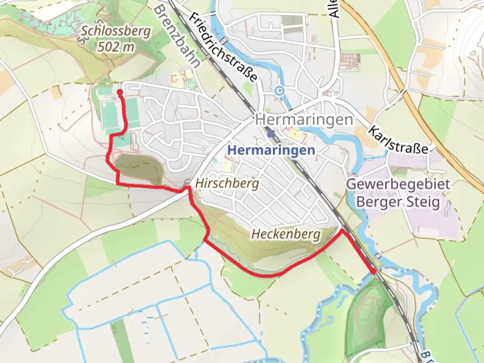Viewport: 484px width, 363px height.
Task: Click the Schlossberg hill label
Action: tap(116, 31)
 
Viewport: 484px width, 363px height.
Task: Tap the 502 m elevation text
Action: tap(116, 47)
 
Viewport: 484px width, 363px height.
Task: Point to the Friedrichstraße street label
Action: tap(224, 47)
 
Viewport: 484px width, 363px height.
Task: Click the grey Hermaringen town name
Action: tap(304, 119)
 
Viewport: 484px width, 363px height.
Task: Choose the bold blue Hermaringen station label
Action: tap(271, 150)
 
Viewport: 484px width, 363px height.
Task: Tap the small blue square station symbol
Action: tap(271, 134)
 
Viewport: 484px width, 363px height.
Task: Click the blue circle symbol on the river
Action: tap(279, 90)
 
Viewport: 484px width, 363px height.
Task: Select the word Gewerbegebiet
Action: tap(398, 184)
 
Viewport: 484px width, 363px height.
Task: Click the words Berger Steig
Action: tap(398, 202)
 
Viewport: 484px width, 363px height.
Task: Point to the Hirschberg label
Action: tap(227, 184)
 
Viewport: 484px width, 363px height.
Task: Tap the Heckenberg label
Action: tap(286, 234)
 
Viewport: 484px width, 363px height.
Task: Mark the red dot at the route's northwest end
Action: tap(120, 92)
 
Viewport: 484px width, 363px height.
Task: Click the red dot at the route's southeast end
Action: tap(373, 271)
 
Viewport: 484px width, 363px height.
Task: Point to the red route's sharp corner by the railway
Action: tap(342, 231)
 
